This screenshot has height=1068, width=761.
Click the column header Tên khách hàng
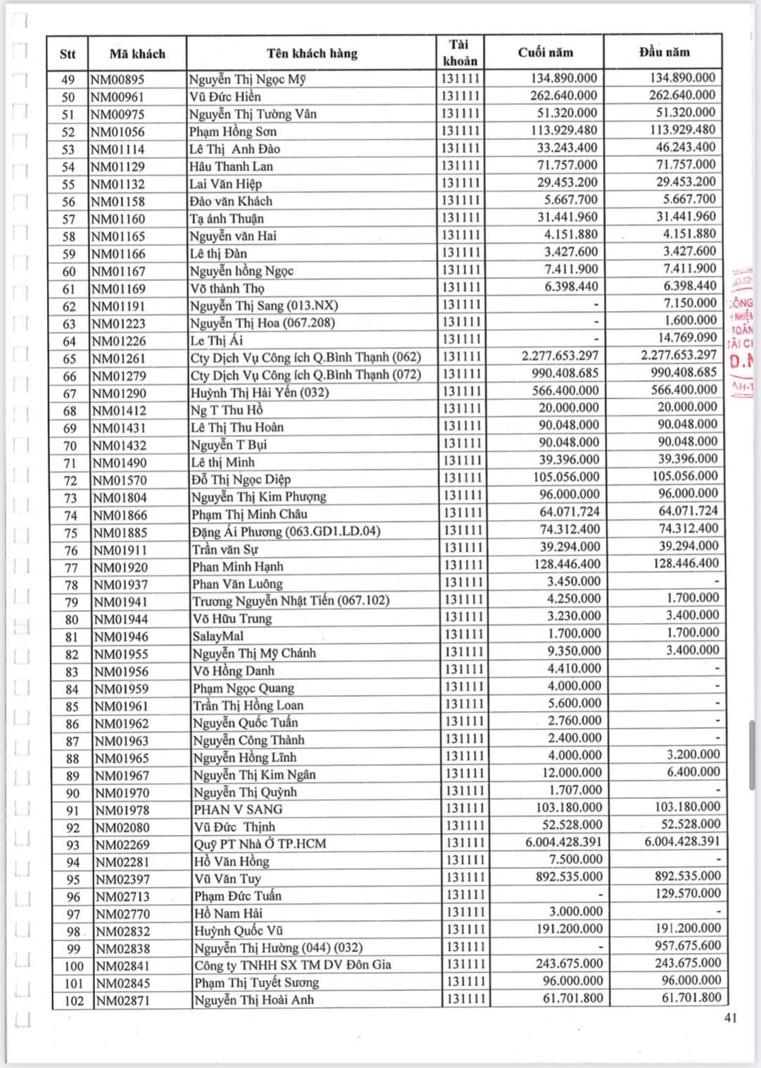(x=312, y=53)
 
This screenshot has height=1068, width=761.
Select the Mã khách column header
(x=137, y=54)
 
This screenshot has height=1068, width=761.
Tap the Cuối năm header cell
(x=545, y=52)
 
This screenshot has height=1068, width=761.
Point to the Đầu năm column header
(x=664, y=51)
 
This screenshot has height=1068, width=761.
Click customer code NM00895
(x=118, y=80)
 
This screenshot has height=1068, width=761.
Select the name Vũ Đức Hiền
(x=225, y=96)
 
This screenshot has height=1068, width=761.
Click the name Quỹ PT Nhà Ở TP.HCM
(x=260, y=843)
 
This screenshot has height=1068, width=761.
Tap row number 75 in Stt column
(x=71, y=533)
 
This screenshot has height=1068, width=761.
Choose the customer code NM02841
(x=122, y=966)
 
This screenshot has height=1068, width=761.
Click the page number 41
(x=730, y=1017)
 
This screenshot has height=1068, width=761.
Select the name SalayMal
(x=218, y=636)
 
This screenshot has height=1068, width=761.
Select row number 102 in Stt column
(x=74, y=1000)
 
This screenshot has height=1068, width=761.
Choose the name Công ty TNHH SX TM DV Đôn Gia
(x=292, y=965)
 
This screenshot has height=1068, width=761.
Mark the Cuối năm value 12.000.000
(x=571, y=772)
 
